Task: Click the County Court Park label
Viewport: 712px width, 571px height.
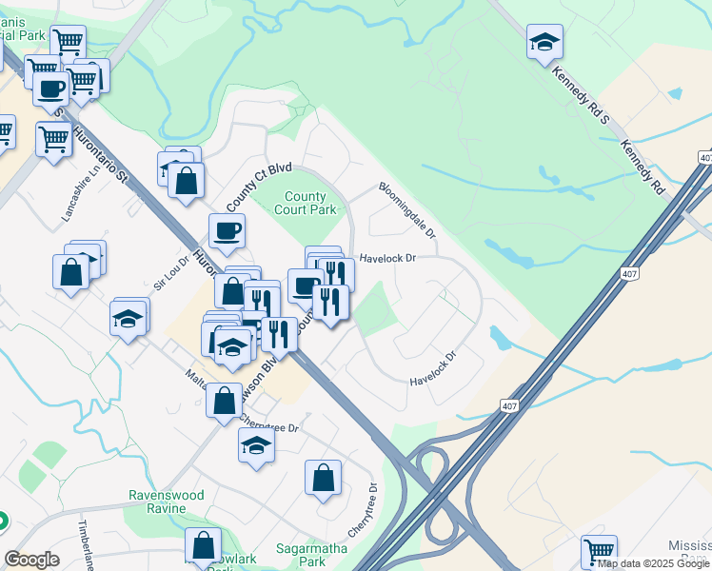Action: point(306,203)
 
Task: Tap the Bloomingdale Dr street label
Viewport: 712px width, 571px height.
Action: point(407,210)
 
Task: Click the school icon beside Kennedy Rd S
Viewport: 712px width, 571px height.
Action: point(544,42)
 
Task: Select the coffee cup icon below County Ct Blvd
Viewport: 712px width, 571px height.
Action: point(227,231)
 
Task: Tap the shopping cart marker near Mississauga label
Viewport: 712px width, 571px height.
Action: point(599,551)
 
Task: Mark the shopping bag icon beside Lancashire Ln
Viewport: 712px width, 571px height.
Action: point(71,272)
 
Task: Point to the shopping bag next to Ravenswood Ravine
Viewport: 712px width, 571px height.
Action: point(203,546)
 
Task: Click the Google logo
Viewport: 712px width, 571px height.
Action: point(32,560)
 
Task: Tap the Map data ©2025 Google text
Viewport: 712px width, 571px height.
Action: point(652,563)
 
